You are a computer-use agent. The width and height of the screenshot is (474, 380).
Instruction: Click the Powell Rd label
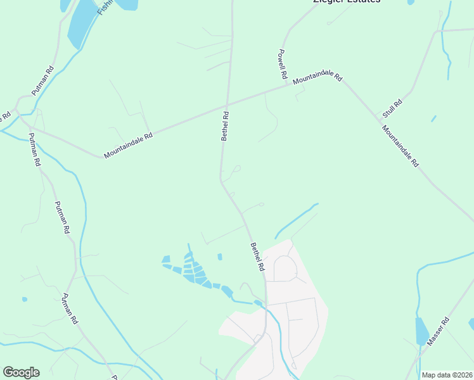tap(283, 63)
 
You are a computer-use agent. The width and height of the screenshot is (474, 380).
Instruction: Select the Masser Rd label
tap(437, 331)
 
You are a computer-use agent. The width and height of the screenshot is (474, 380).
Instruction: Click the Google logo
tap(21, 372)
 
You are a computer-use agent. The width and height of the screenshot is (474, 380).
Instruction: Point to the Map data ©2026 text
tap(447, 375)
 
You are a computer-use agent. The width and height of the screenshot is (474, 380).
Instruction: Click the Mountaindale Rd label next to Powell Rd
tap(317, 77)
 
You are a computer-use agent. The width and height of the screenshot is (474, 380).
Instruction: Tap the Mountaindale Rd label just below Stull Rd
tap(400, 146)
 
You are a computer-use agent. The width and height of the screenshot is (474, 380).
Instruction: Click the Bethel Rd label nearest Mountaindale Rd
tap(224, 125)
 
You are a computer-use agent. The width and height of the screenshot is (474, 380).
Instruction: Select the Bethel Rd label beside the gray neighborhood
tap(257, 257)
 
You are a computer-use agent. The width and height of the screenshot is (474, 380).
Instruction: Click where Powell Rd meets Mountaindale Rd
tap(286, 85)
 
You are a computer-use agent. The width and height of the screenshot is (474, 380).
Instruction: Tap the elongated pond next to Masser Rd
tap(421, 332)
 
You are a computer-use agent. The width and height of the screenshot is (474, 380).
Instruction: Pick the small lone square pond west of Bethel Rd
tap(220, 256)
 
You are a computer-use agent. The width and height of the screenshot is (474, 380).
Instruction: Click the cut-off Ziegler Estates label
tap(347, 2)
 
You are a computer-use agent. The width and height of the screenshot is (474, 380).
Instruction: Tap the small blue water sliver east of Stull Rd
tap(433, 118)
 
